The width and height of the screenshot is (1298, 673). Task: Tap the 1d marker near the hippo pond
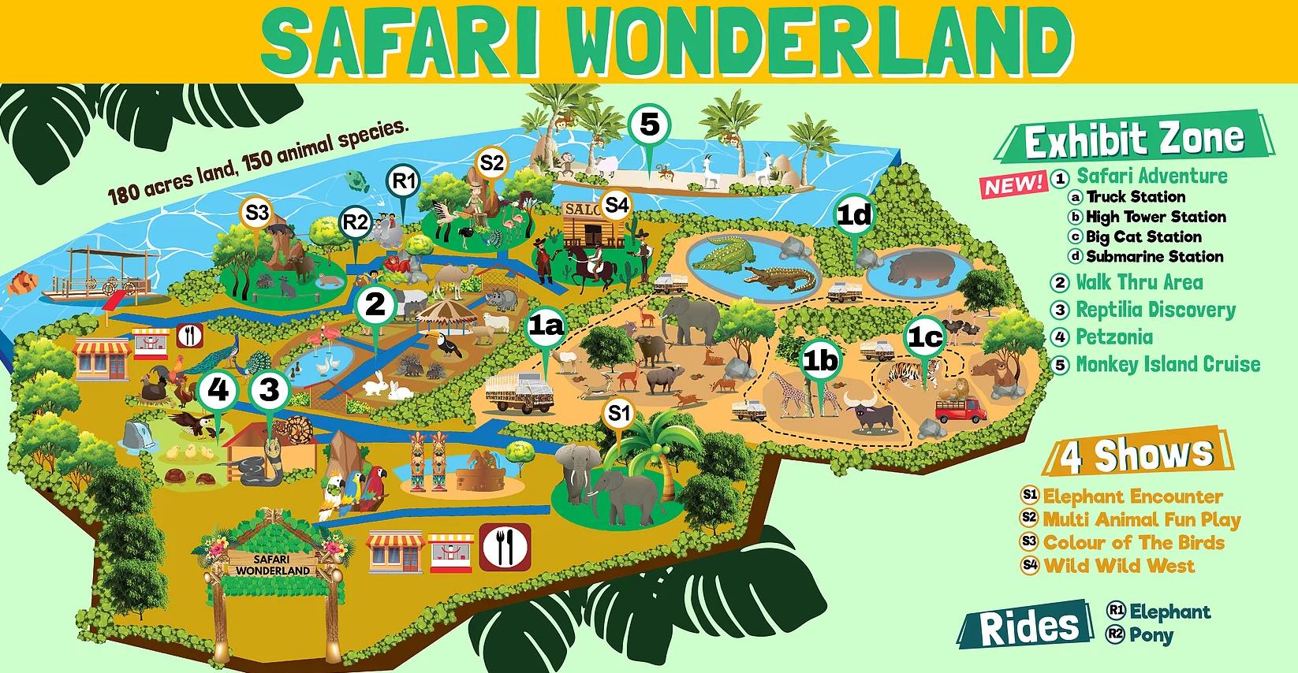point(855,215)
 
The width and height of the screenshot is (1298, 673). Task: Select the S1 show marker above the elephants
point(620,413)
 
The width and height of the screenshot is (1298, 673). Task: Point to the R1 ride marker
point(405,182)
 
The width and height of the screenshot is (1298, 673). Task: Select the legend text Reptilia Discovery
point(1155,310)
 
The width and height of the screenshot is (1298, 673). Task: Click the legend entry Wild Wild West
point(1118,566)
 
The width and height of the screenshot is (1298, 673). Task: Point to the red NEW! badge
point(1013,184)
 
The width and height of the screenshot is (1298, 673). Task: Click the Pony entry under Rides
point(1151,635)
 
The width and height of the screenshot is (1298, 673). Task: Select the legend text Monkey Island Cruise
point(1167,364)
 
